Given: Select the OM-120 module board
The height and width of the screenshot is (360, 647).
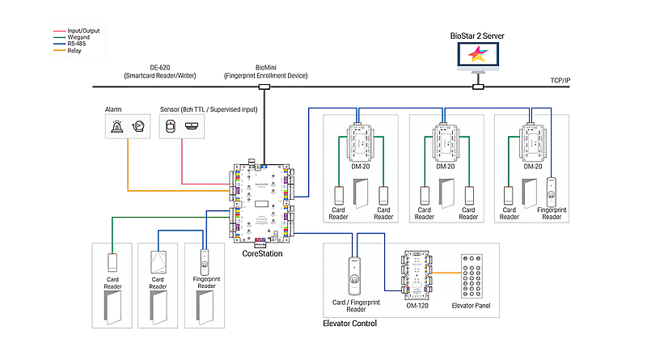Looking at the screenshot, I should (417, 276).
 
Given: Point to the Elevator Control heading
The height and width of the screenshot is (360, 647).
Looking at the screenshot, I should (349, 324).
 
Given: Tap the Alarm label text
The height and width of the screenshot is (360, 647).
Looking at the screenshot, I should (113, 108).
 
